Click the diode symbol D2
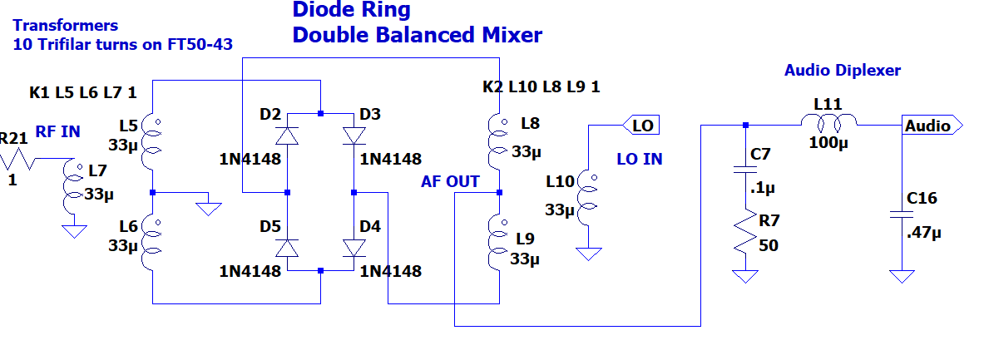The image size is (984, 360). pos(288,136)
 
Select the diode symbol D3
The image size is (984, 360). pos(354,136)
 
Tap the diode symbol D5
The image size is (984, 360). pos(288,249)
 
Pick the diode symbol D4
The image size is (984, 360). pos(354,249)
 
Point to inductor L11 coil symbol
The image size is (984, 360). pos(828,121)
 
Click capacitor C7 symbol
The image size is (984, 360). pos(745,170)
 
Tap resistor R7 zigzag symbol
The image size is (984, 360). pos(745,231)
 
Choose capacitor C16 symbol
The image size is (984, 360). pos(902,215)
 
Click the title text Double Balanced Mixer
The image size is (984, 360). pos(418,35)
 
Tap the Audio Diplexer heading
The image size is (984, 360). pos(842,70)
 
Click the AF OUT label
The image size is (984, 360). pos(451,182)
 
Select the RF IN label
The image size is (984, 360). pos(57,131)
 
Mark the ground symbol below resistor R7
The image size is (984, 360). pos(745,276)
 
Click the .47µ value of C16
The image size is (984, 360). pos(924,234)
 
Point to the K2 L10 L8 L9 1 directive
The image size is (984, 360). pos(541,86)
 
